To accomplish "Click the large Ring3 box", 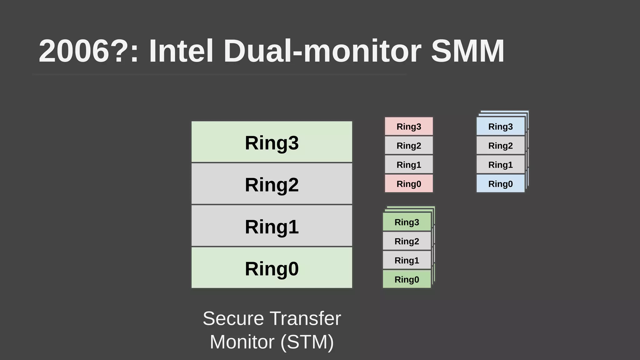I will click(272, 142).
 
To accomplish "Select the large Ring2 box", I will click(272, 184).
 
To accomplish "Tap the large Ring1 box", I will click(272, 226).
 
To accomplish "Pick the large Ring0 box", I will click(272, 268).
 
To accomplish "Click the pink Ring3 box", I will click(409, 126).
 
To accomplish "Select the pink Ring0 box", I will click(409, 183).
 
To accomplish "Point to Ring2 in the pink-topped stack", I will click(409, 145).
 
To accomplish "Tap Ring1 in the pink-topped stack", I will click(409, 164).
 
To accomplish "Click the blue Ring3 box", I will click(500, 126).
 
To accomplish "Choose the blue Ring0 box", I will click(500, 183).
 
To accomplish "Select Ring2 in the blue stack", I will click(500, 145).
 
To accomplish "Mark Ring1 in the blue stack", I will click(500, 164).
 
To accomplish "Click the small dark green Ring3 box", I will click(407, 222).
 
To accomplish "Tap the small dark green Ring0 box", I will click(407, 279).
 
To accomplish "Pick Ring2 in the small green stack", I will click(407, 241).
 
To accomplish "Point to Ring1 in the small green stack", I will click(407, 260).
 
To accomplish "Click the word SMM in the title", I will click(467, 51).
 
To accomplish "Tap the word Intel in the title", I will click(181, 51).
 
